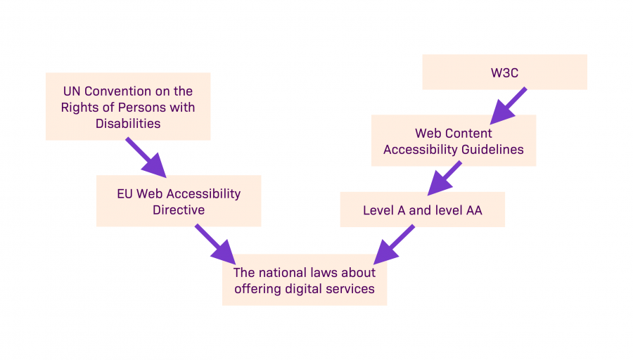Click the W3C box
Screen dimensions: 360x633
pyautogui.click(x=504, y=72)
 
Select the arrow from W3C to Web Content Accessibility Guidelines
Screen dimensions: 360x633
pyautogui.click(x=508, y=104)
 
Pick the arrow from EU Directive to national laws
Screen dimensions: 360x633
pyautogui.click(x=214, y=243)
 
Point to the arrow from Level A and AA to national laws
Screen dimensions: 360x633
pyautogui.click(x=393, y=243)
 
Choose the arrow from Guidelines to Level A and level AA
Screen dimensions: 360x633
pyautogui.click(x=445, y=177)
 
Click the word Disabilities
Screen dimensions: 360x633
pyautogui.click(x=128, y=124)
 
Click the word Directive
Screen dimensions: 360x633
pyautogui.click(x=179, y=210)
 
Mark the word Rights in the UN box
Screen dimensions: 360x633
pyautogui.click(x=78, y=108)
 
